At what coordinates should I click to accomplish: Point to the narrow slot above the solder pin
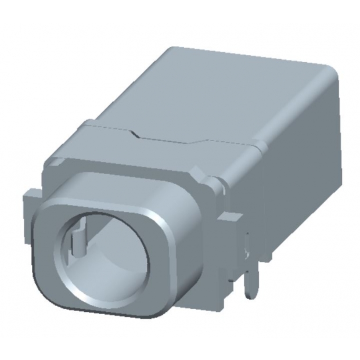(x=249, y=244)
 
